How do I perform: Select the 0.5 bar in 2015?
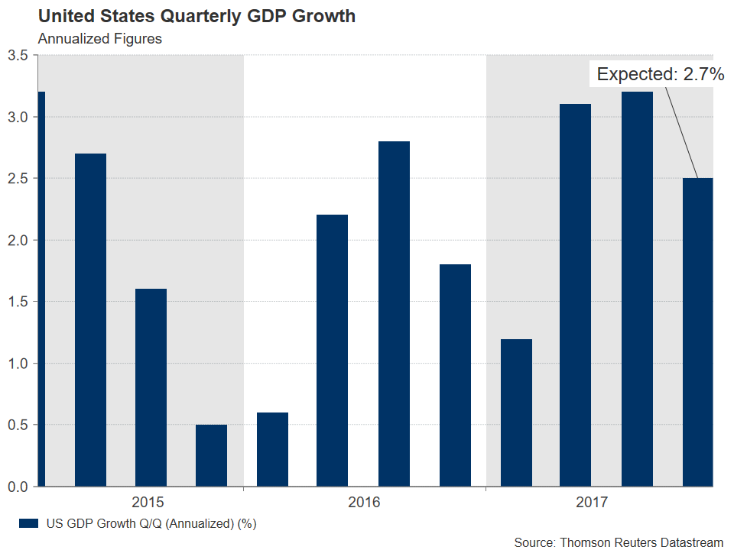tap(211, 455)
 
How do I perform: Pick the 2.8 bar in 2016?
tap(394, 313)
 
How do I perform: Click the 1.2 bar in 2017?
tap(515, 412)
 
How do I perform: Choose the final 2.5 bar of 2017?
tap(697, 332)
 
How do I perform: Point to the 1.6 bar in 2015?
tap(151, 387)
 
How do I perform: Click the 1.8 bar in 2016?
tap(455, 375)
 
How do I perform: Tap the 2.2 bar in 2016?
tap(333, 351)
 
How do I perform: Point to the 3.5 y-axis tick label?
tap(18, 56)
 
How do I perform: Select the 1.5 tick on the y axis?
tap(18, 302)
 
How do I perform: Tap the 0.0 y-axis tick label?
tap(18, 487)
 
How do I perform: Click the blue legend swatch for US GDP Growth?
tap(28, 524)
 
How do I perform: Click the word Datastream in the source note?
tap(686, 542)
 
